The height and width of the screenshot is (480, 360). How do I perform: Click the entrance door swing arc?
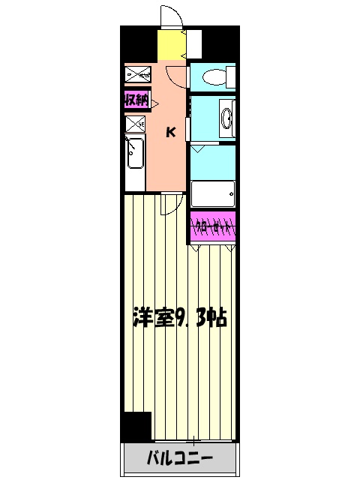171,16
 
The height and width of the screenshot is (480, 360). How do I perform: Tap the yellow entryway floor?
171,46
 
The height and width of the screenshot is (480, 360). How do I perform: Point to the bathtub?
213,194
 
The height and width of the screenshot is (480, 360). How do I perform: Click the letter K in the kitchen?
170,133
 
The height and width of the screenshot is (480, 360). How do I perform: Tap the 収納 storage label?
136,99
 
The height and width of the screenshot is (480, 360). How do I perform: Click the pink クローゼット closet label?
213,225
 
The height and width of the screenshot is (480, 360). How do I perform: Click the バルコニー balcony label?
179,457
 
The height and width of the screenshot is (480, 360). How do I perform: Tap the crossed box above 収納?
138,73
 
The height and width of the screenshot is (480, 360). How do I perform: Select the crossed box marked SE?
136,124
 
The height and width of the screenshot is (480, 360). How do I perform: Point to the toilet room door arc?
175,73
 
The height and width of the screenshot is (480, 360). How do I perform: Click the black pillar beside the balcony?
136,426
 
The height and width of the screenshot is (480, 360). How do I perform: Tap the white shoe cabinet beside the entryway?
194,44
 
